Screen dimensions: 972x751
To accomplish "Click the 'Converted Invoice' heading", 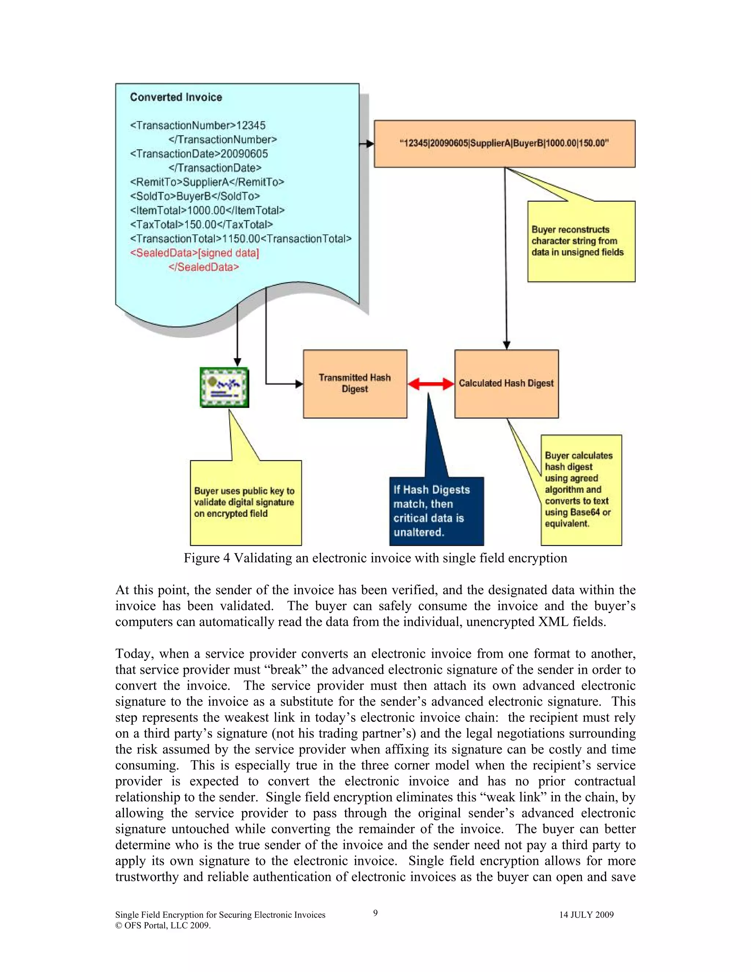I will click(x=176, y=97).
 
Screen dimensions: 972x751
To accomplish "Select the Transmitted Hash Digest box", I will click(x=355, y=383).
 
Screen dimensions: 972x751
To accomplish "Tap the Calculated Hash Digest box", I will click(x=506, y=383).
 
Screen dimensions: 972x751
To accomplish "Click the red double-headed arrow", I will click(x=431, y=384).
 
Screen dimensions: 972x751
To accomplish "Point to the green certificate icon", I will click(x=224, y=387).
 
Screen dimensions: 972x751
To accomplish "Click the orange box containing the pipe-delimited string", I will click(x=504, y=143).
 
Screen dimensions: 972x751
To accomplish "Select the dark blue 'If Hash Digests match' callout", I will click(x=436, y=511).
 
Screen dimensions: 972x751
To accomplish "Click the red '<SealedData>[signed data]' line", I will click(x=194, y=253).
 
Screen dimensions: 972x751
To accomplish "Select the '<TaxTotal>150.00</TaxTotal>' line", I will click(x=201, y=224).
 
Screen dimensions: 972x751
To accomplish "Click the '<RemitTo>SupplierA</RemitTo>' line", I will click(x=207, y=182).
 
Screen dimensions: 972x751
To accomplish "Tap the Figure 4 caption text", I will click(x=375, y=558).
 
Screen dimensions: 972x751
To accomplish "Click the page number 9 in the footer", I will click(x=375, y=913).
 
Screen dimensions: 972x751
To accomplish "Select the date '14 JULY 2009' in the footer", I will click(x=586, y=914).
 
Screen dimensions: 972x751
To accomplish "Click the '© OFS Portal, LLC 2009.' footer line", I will click(x=163, y=925).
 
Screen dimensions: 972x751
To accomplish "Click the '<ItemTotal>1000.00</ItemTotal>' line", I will click(x=207, y=211).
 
